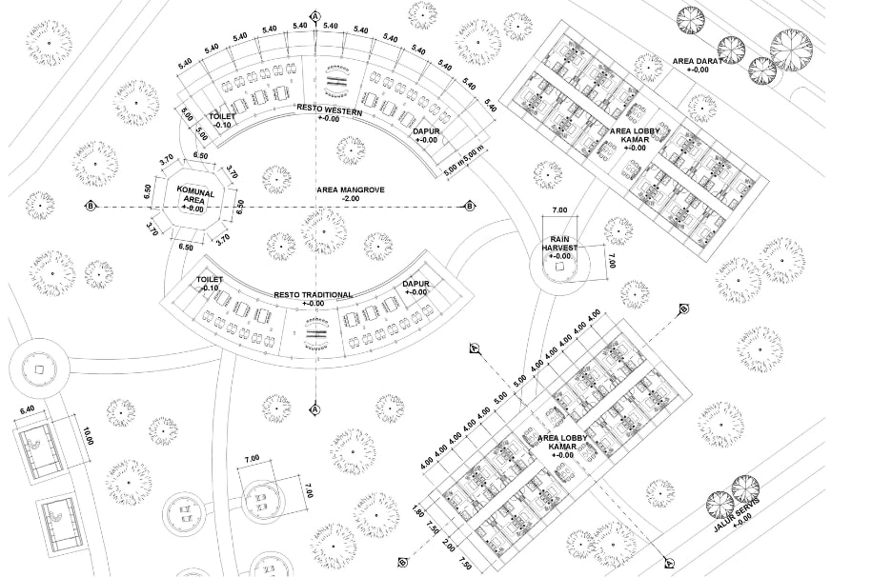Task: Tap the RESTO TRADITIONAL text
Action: point(314,295)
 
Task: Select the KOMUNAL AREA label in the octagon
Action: point(195,198)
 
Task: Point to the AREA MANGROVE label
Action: point(351,190)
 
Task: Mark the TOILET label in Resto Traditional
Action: point(209,282)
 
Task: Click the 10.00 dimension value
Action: point(91,437)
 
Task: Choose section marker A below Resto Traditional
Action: point(314,409)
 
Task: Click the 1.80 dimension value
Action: point(420,514)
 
